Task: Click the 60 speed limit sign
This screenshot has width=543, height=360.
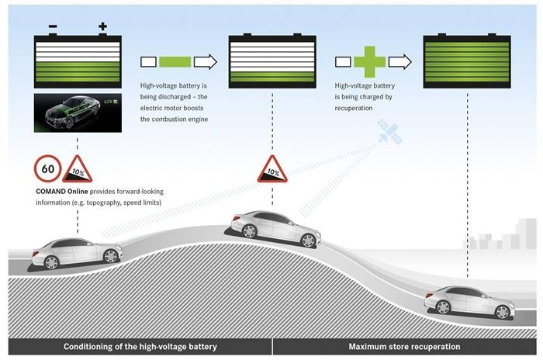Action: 48,168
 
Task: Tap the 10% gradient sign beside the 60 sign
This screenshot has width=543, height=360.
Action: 78,170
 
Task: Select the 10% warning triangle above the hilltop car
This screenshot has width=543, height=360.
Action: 272,170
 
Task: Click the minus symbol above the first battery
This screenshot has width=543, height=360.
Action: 53,26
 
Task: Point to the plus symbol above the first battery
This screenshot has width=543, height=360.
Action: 102,26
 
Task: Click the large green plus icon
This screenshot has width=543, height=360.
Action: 369,61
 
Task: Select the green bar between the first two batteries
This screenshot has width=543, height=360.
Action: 175,62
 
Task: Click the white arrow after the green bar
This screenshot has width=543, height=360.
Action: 206,62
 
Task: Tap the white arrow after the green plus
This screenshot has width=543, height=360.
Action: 400,62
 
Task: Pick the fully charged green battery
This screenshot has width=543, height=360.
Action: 467,61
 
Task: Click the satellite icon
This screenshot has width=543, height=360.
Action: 390,132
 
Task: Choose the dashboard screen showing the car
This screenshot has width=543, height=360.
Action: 78,113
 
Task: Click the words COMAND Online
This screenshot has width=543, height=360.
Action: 61,192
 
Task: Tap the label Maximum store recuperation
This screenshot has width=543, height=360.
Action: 404,347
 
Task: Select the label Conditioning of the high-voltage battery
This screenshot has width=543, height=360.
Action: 140,347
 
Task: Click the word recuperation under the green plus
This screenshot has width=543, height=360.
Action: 354,108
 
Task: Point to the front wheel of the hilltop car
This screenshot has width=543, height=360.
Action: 308,241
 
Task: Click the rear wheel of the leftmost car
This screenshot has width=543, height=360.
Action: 51,262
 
